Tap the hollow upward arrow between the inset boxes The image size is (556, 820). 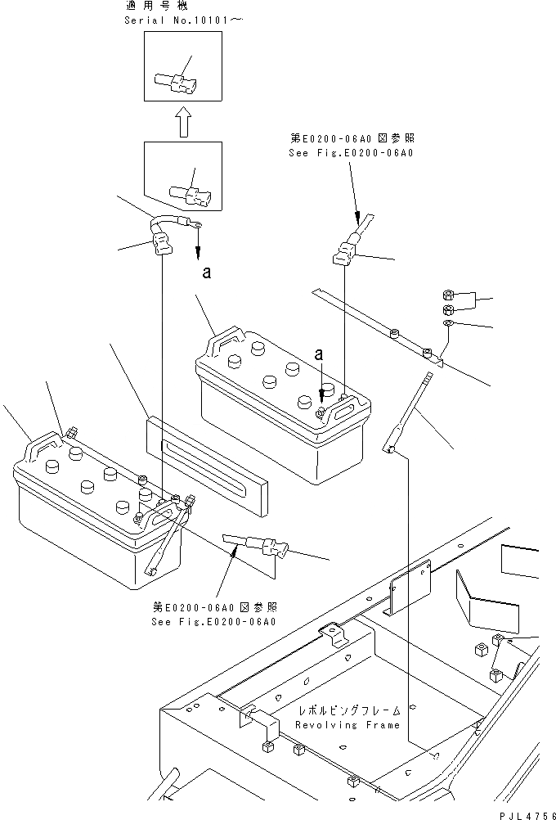(x=184, y=124)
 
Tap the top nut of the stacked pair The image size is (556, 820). (x=449, y=295)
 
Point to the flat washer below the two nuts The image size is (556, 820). (x=448, y=325)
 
